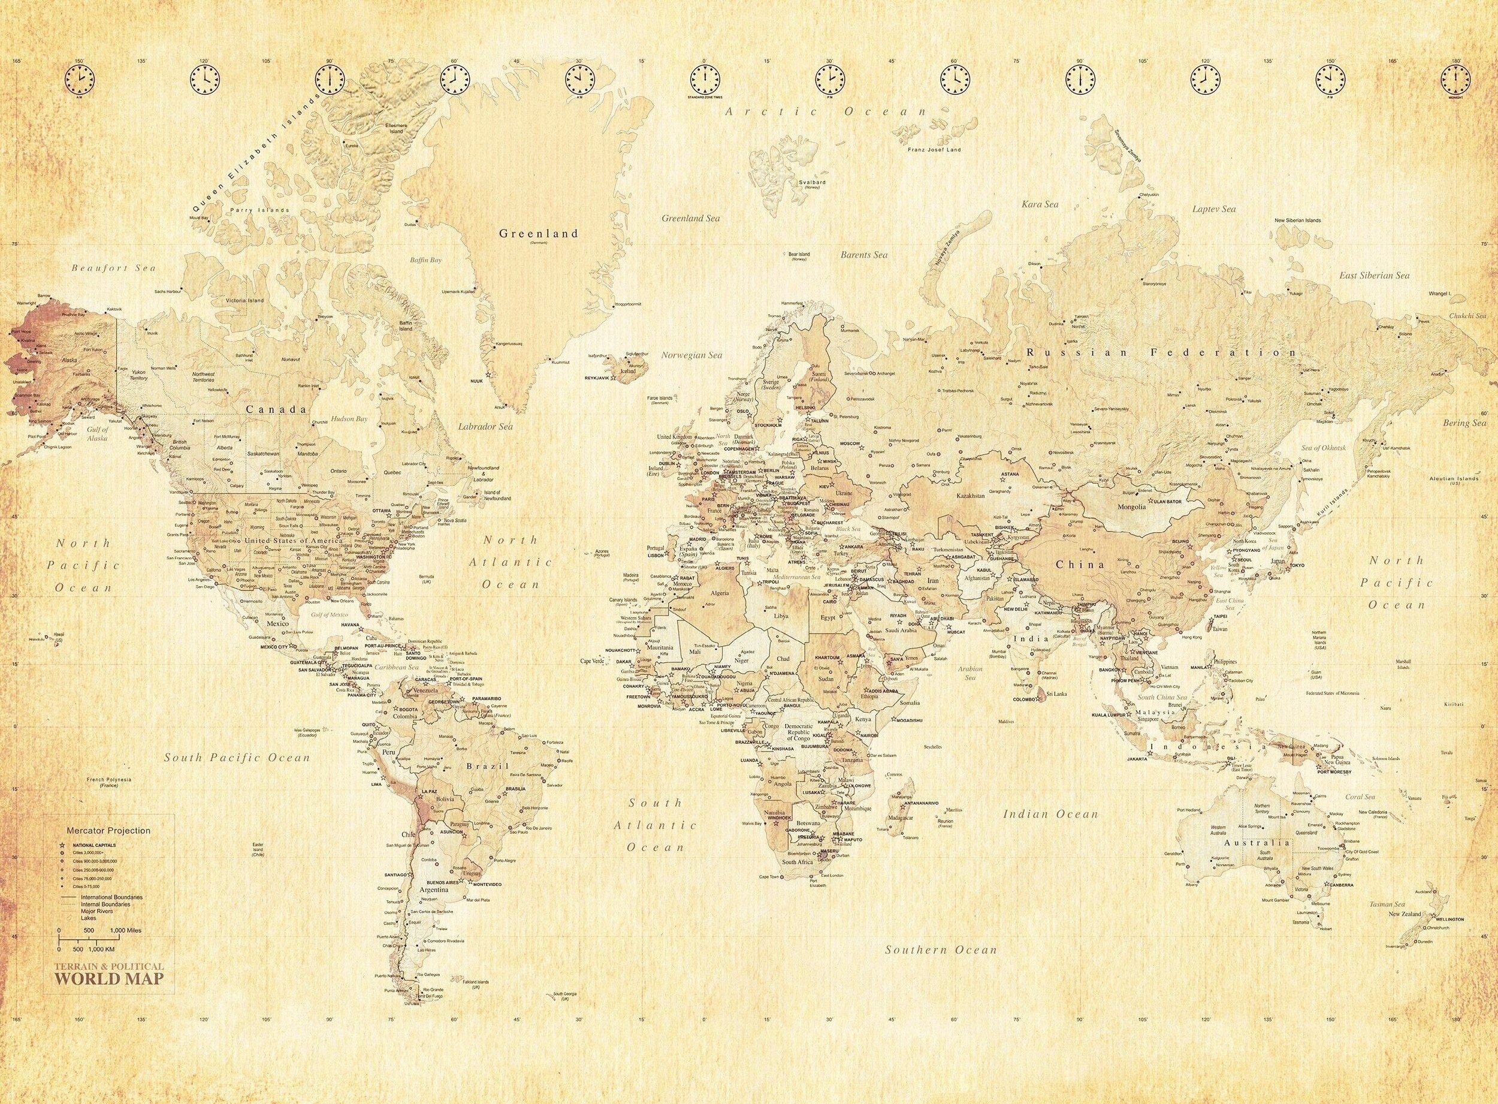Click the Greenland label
(x=539, y=234)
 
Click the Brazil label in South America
(x=488, y=767)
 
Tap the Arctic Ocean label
(x=827, y=111)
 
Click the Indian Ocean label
(x=1050, y=814)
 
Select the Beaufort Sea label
(x=114, y=268)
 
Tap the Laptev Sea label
(x=1214, y=209)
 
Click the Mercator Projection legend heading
(x=108, y=831)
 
